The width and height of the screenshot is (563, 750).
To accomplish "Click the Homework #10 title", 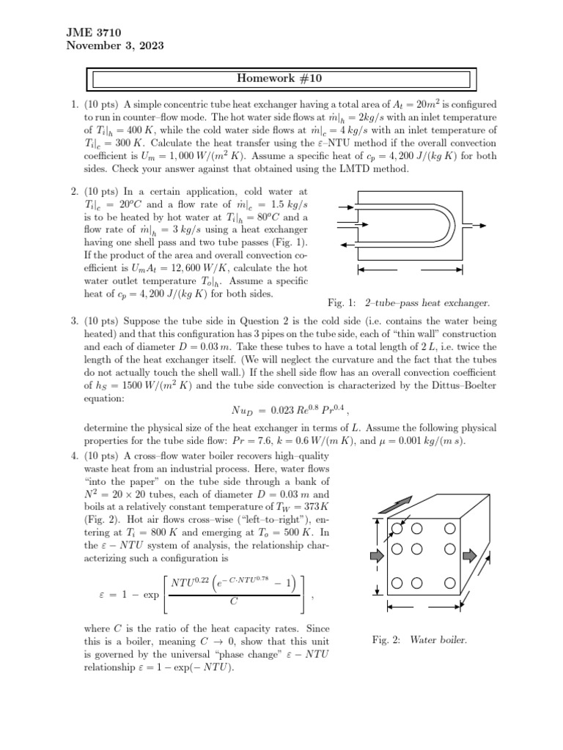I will tap(282, 78).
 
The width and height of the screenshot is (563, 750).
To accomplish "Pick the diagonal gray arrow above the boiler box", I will tap(408, 502).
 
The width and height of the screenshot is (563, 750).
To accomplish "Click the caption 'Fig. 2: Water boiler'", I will tap(419, 639).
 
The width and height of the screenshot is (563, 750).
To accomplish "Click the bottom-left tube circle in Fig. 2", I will tap(397, 583).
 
